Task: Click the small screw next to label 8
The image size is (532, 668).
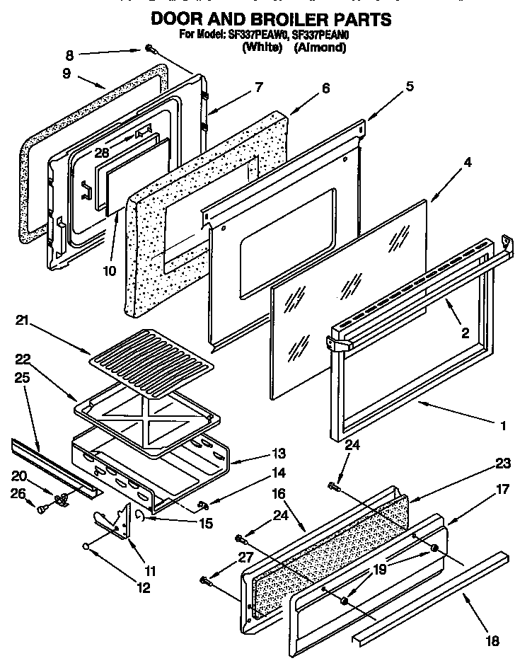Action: (x=150, y=48)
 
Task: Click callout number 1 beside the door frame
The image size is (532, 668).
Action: (x=502, y=427)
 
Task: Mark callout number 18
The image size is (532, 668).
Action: (x=492, y=641)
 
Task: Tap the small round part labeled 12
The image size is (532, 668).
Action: (x=86, y=546)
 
